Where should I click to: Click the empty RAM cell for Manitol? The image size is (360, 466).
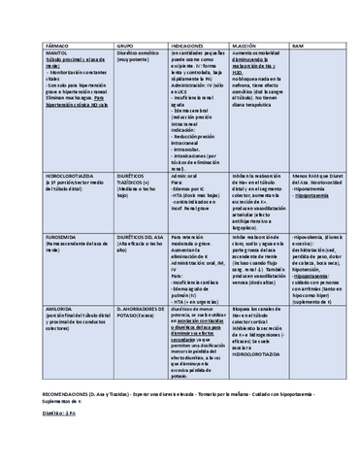click(312, 107)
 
